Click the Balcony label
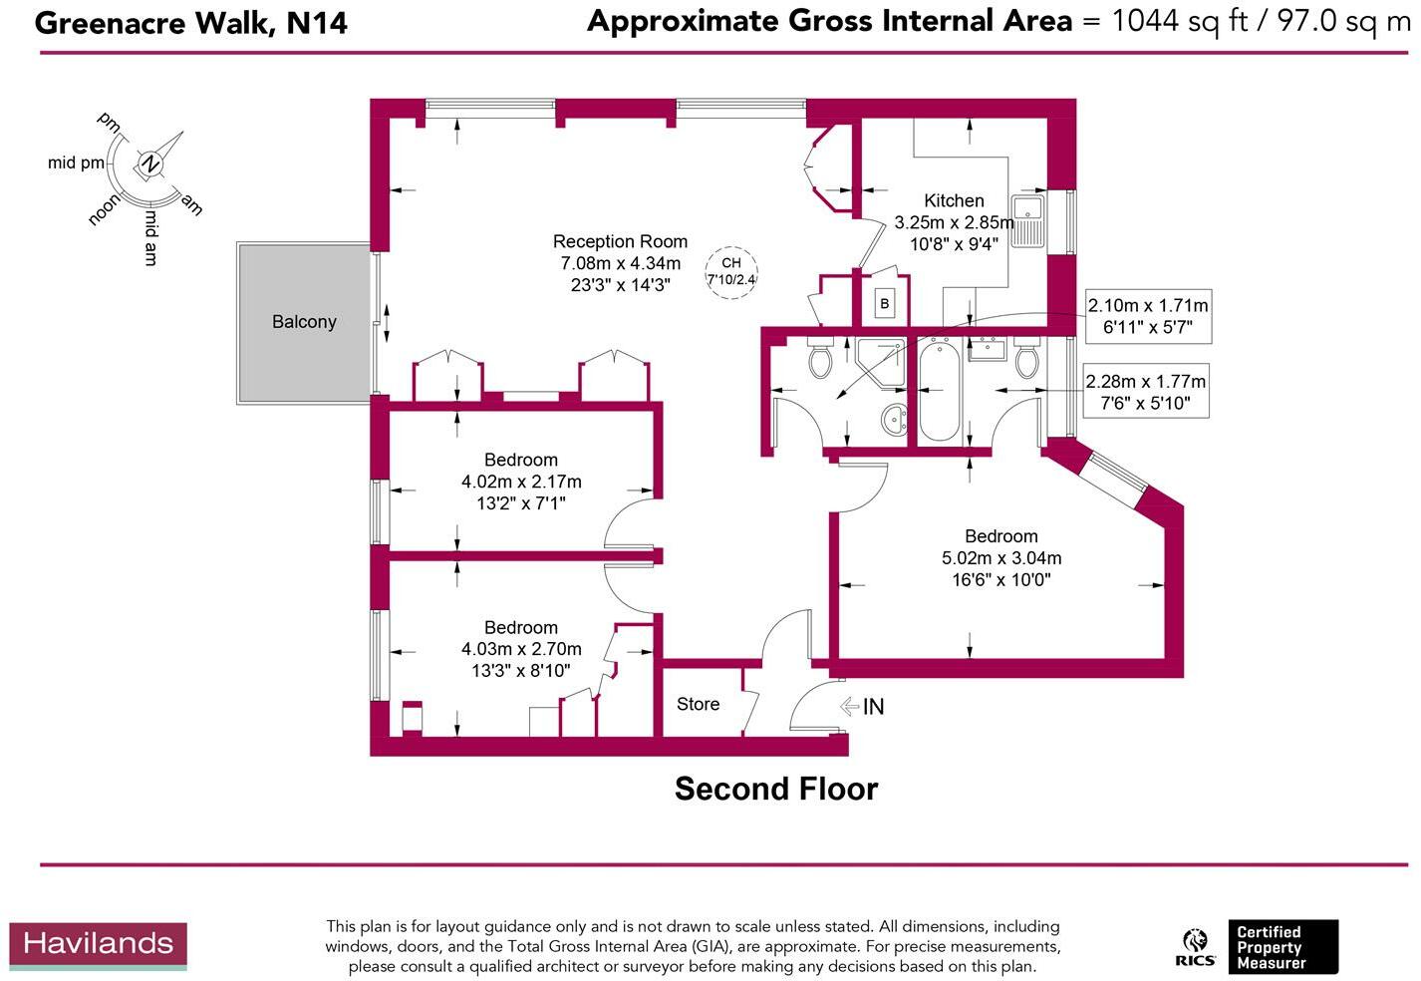click(304, 322)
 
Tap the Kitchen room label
click(954, 200)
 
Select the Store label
click(698, 704)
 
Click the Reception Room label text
click(620, 241)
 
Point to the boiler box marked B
click(884, 304)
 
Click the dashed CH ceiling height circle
click(731, 273)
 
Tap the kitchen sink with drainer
click(1027, 220)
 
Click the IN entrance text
click(873, 706)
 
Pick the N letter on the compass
click(149, 164)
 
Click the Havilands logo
click(99, 945)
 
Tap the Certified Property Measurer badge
click(1283, 947)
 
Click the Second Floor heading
click(776, 789)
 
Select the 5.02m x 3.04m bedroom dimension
click(1001, 557)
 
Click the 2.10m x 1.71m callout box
click(1148, 316)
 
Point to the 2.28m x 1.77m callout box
click(1146, 391)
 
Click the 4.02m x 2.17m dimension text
click(521, 482)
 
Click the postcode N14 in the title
click(317, 24)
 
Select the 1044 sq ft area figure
click(1180, 21)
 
